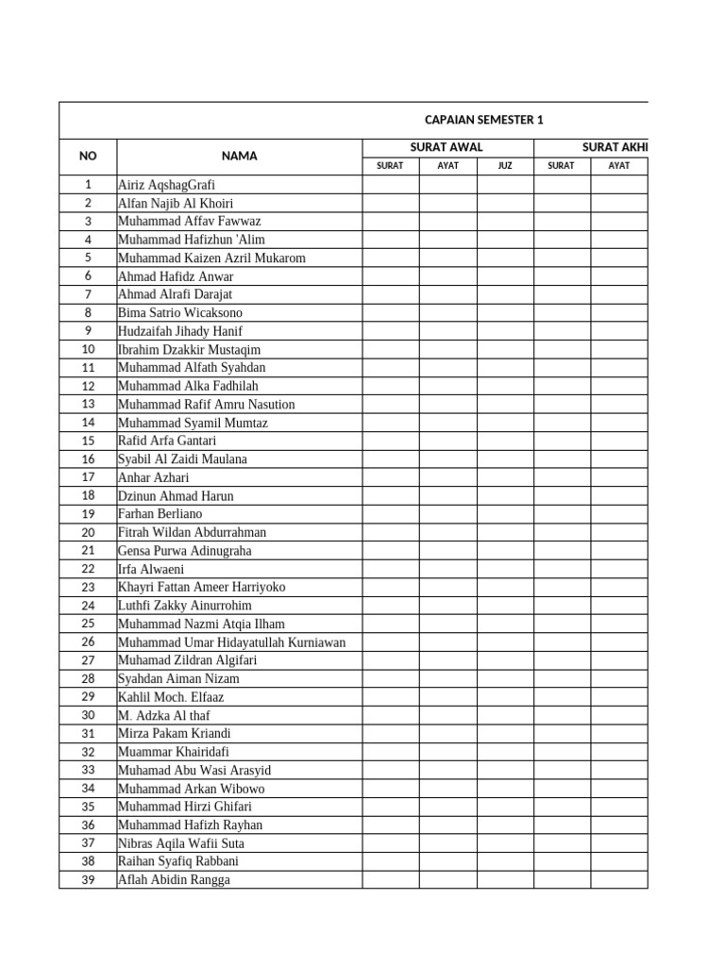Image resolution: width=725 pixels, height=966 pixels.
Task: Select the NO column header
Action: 88,156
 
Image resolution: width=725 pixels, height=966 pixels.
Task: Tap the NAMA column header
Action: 239,156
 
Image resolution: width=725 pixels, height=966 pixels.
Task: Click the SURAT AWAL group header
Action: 447,146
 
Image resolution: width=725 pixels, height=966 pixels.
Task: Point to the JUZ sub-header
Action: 505,166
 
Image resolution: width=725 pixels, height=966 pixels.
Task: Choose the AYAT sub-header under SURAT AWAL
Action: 447,166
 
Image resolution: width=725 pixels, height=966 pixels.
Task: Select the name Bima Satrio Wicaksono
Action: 179,312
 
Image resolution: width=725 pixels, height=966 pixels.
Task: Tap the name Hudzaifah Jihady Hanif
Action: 179,331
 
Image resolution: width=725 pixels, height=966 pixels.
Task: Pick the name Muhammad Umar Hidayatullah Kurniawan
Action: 231,642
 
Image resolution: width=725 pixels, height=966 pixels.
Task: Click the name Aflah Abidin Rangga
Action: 174,880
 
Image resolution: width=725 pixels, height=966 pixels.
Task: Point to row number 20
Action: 88,532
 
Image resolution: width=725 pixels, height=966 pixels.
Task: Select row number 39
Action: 88,880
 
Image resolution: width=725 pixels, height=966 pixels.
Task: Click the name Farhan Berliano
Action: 160,514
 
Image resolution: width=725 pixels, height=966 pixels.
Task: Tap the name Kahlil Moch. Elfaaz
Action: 171,697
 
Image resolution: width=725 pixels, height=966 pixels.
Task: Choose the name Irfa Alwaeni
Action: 151,569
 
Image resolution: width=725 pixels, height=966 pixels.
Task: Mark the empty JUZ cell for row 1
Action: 505,185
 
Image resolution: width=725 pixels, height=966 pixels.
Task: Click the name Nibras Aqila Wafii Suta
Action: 180,843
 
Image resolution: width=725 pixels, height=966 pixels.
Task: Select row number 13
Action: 88,404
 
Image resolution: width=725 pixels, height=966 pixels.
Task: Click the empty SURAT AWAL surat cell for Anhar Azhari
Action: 391,477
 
